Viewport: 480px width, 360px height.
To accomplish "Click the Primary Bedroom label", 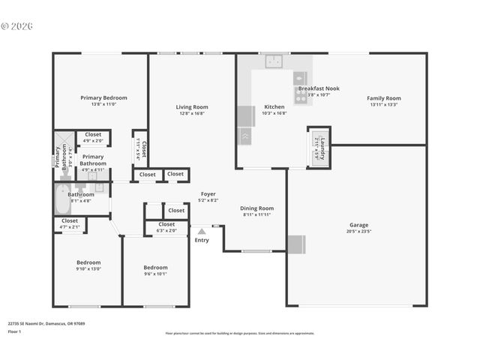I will [103, 97].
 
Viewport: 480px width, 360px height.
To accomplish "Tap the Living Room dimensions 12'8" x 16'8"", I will [190, 114].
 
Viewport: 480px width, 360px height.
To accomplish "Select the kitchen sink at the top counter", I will [274, 61].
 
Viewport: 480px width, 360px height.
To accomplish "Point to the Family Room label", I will [383, 98].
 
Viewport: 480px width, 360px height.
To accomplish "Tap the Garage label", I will [358, 225].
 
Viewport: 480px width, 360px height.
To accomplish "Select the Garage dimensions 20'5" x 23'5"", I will [358, 232].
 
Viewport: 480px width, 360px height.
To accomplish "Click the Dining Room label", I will [256, 208].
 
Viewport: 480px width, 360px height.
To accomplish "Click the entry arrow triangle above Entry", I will [202, 231].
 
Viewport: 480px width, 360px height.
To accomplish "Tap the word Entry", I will [202, 240].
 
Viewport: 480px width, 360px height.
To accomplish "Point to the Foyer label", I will [208, 194].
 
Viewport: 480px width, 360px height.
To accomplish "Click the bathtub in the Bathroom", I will [62, 200].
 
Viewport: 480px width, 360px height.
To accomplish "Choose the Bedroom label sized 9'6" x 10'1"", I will [155, 268].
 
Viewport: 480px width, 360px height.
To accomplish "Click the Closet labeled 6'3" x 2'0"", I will [166, 224].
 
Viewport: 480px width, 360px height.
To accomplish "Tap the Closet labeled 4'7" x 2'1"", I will [69, 220].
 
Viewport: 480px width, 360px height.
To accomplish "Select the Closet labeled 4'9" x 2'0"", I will [93, 134].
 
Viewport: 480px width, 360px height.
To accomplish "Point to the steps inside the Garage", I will [296, 244].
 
